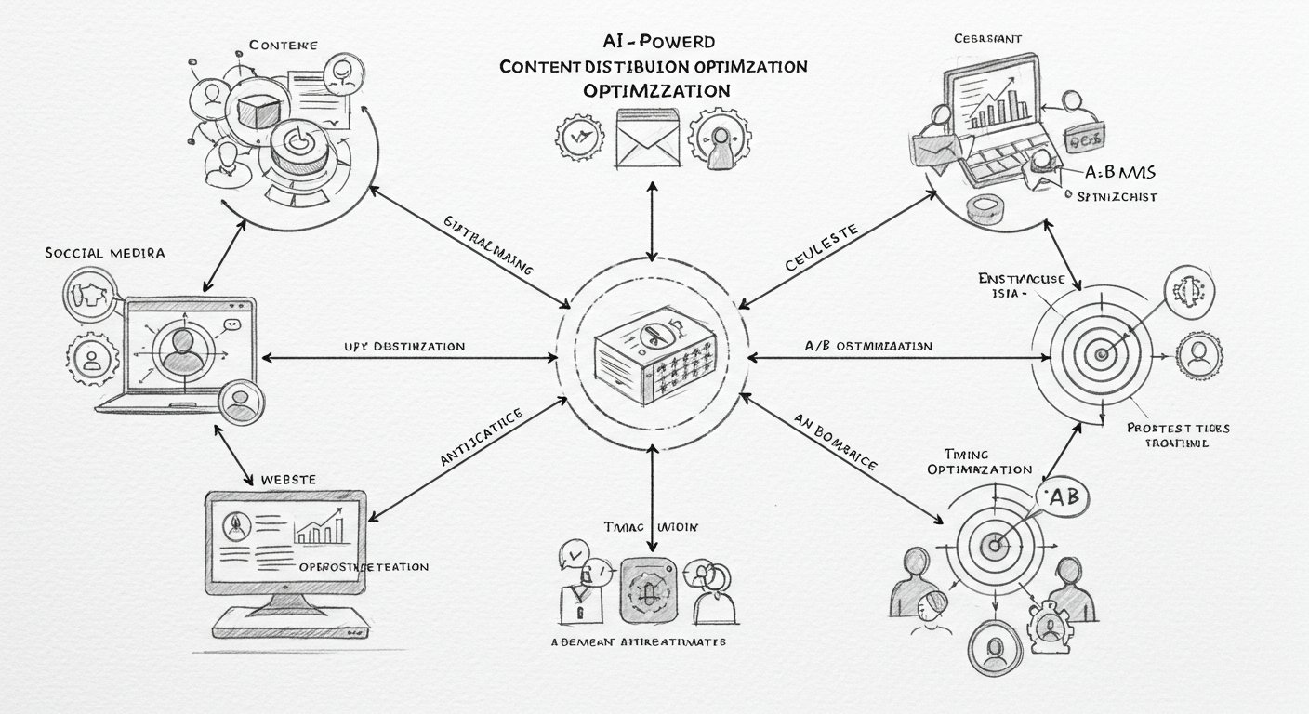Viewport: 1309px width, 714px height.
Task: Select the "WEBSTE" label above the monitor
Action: [288, 479]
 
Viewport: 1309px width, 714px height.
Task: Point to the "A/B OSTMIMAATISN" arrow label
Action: [867, 345]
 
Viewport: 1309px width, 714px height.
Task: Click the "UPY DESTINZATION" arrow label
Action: [404, 346]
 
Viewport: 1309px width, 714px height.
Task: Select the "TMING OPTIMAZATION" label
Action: [980, 462]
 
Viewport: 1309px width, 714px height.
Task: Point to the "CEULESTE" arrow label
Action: [822, 248]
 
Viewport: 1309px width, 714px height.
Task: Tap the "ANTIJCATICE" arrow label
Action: [481, 437]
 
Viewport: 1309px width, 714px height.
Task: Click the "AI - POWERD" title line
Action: [657, 42]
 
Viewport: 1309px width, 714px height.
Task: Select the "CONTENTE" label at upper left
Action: [284, 45]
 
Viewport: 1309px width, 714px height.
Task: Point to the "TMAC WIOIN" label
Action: [651, 527]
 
